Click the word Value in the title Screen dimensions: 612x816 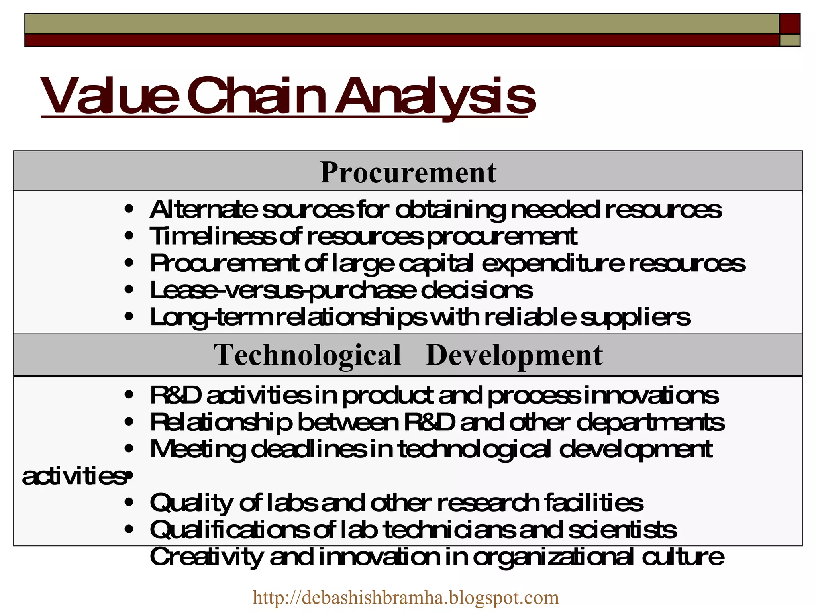pos(109,96)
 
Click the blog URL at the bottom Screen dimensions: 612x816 pos(406,597)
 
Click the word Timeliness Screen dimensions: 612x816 pos(212,236)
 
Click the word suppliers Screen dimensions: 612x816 pos(635,317)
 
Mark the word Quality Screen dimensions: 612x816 pos(192,503)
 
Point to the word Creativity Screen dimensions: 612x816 pos(206,557)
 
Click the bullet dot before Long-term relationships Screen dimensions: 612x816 pos(128,317)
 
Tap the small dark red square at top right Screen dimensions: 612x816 pos(790,24)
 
